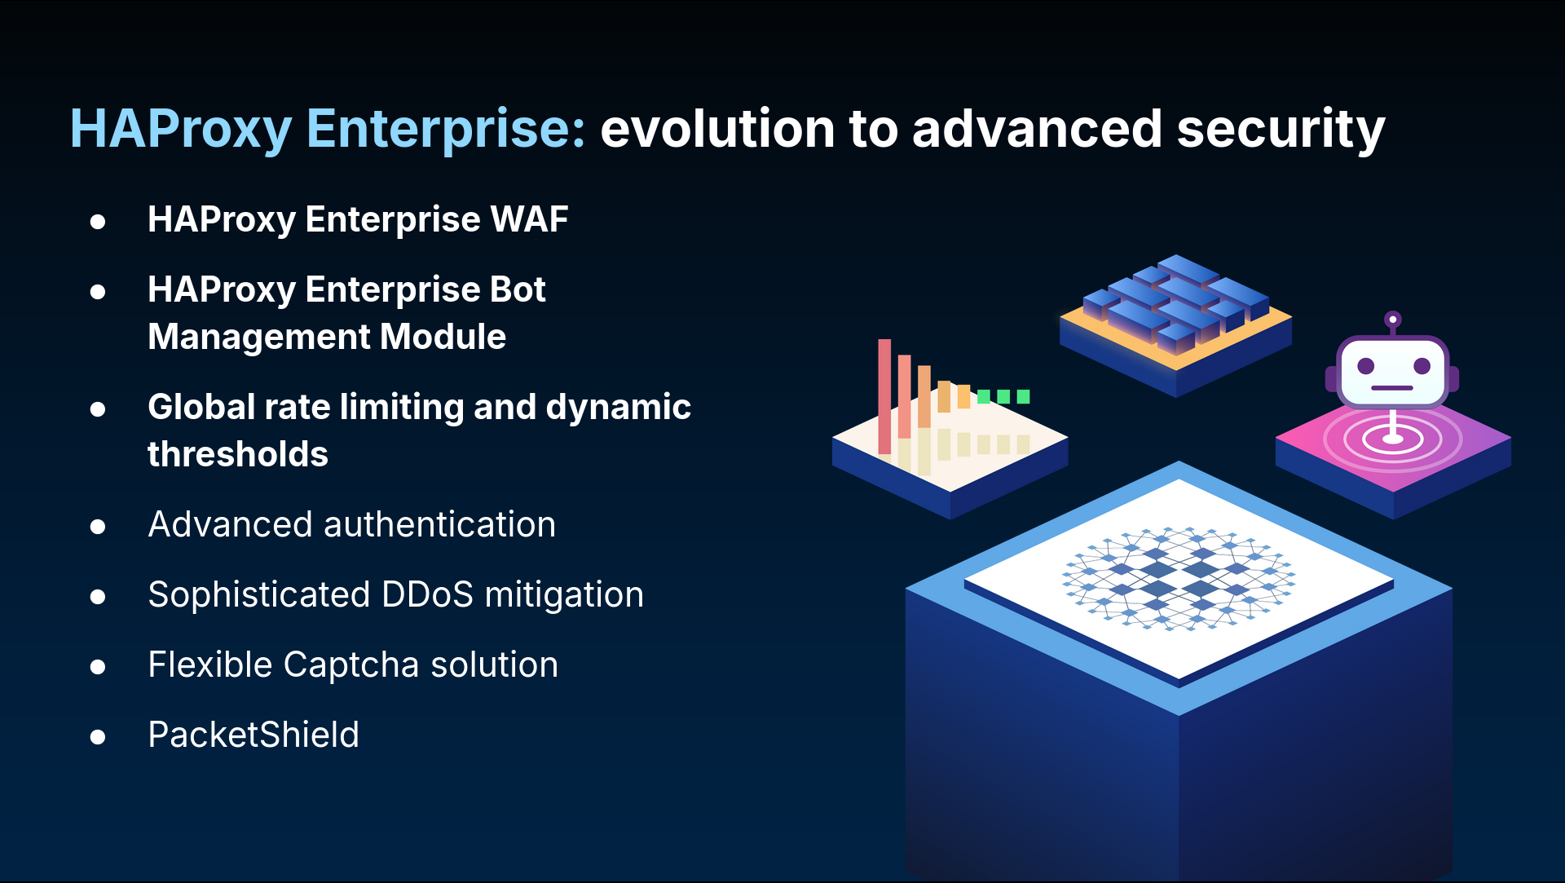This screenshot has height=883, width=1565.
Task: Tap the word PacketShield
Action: click(253, 735)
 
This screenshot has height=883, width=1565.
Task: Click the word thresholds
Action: click(238, 454)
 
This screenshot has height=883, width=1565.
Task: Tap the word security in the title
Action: click(1281, 130)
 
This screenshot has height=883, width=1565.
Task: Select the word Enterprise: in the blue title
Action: click(446, 130)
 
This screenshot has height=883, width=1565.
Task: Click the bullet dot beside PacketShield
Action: click(98, 737)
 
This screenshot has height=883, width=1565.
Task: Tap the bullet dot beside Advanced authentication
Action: click(98, 527)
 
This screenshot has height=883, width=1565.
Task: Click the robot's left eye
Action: click(1366, 367)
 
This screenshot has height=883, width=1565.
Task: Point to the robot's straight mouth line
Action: click(1392, 388)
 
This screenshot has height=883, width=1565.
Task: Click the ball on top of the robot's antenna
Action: click(1393, 319)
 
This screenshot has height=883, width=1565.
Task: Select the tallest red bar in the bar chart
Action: click(884, 396)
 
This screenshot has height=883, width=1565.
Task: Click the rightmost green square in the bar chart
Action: click(1023, 396)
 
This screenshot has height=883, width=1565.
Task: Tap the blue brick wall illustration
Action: click(1176, 302)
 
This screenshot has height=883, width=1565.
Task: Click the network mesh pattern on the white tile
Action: click(1179, 578)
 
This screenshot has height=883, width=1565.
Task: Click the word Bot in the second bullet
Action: click(518, 289)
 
